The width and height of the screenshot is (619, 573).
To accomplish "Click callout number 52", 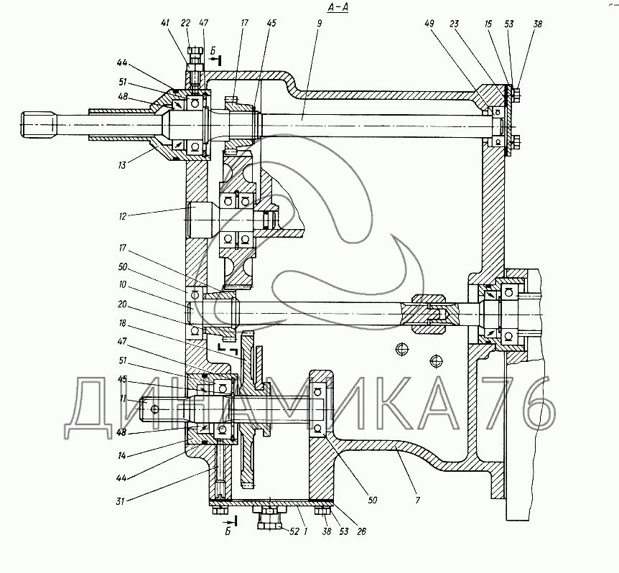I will tap(294, 532).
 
